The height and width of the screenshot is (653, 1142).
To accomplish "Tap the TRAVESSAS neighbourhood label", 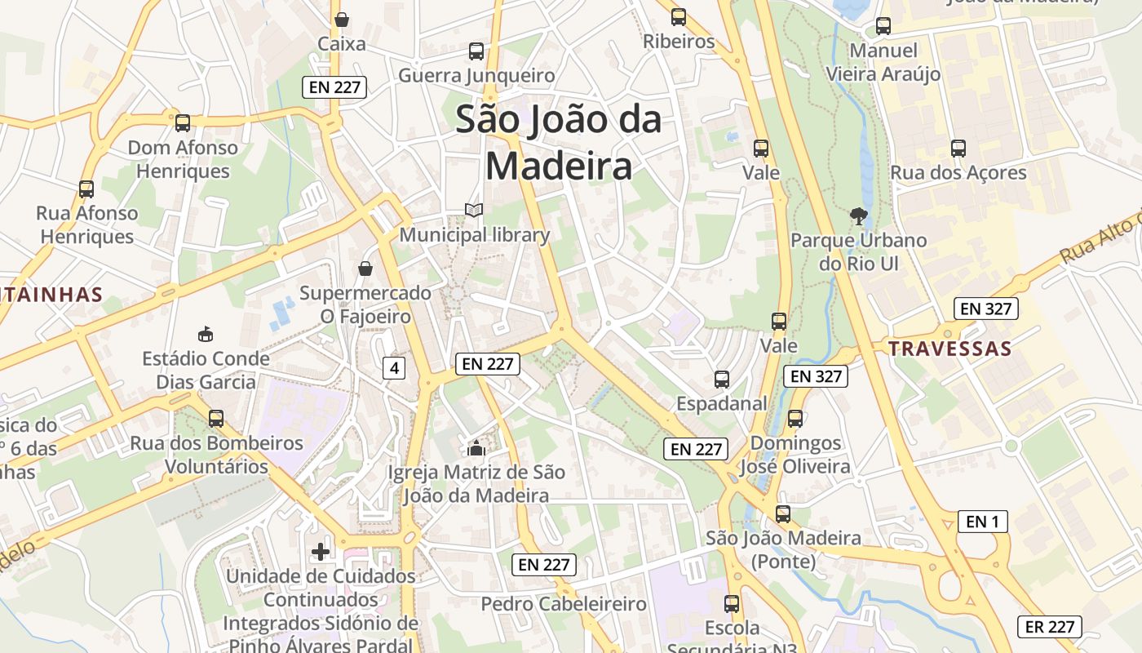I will tap(949, 349).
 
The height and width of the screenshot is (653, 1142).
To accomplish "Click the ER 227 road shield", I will tap(1049, 627).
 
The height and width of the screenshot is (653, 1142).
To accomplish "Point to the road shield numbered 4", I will tap(394, 368).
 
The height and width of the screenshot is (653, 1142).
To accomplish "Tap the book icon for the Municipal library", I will tap(474, 211).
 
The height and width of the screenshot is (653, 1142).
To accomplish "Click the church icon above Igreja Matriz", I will tap(476, 448).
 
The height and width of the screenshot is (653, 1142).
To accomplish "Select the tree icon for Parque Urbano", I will tap(858, 216).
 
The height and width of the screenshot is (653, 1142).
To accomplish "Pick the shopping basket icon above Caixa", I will tap(342, 20).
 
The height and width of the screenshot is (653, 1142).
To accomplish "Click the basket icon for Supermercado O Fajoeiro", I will tap(365, 269).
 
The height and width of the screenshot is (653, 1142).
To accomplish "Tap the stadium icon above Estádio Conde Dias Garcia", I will tap(206, 334).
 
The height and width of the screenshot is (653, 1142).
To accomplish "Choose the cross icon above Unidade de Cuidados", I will tap(321, 552).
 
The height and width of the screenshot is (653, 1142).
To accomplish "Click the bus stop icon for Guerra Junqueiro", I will tap(476, 51).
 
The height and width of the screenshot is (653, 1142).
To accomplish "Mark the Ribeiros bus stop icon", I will tap(678, 16).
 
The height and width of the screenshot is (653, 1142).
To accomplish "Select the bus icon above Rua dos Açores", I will tap(958, 149).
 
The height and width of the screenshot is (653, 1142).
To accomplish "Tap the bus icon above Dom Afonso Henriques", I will tap(183, 123).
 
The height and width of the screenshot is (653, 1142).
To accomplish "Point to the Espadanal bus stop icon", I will tap(722, 379).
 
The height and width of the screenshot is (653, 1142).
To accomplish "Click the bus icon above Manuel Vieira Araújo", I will tap(883, 26).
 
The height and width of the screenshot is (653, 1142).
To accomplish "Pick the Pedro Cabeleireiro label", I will tap(564, 605).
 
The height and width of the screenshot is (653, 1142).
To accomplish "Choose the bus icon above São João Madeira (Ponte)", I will tap(783, 514).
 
